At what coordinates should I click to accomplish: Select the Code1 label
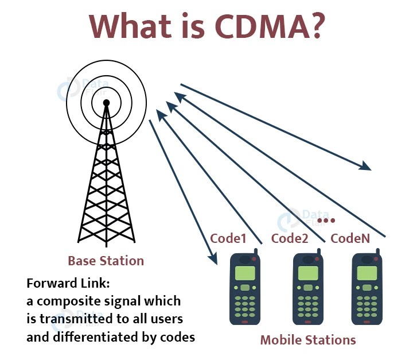[228, 238]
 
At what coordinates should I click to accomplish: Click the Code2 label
[290, 238]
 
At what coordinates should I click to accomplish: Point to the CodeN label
[349, 238]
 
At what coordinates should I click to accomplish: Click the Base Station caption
[106, 261]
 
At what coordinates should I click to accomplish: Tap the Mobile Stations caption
[308, 339]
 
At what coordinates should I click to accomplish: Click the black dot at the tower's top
[106, 103]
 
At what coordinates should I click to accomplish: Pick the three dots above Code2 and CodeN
[325, 220]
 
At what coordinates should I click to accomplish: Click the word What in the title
[130, 26]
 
